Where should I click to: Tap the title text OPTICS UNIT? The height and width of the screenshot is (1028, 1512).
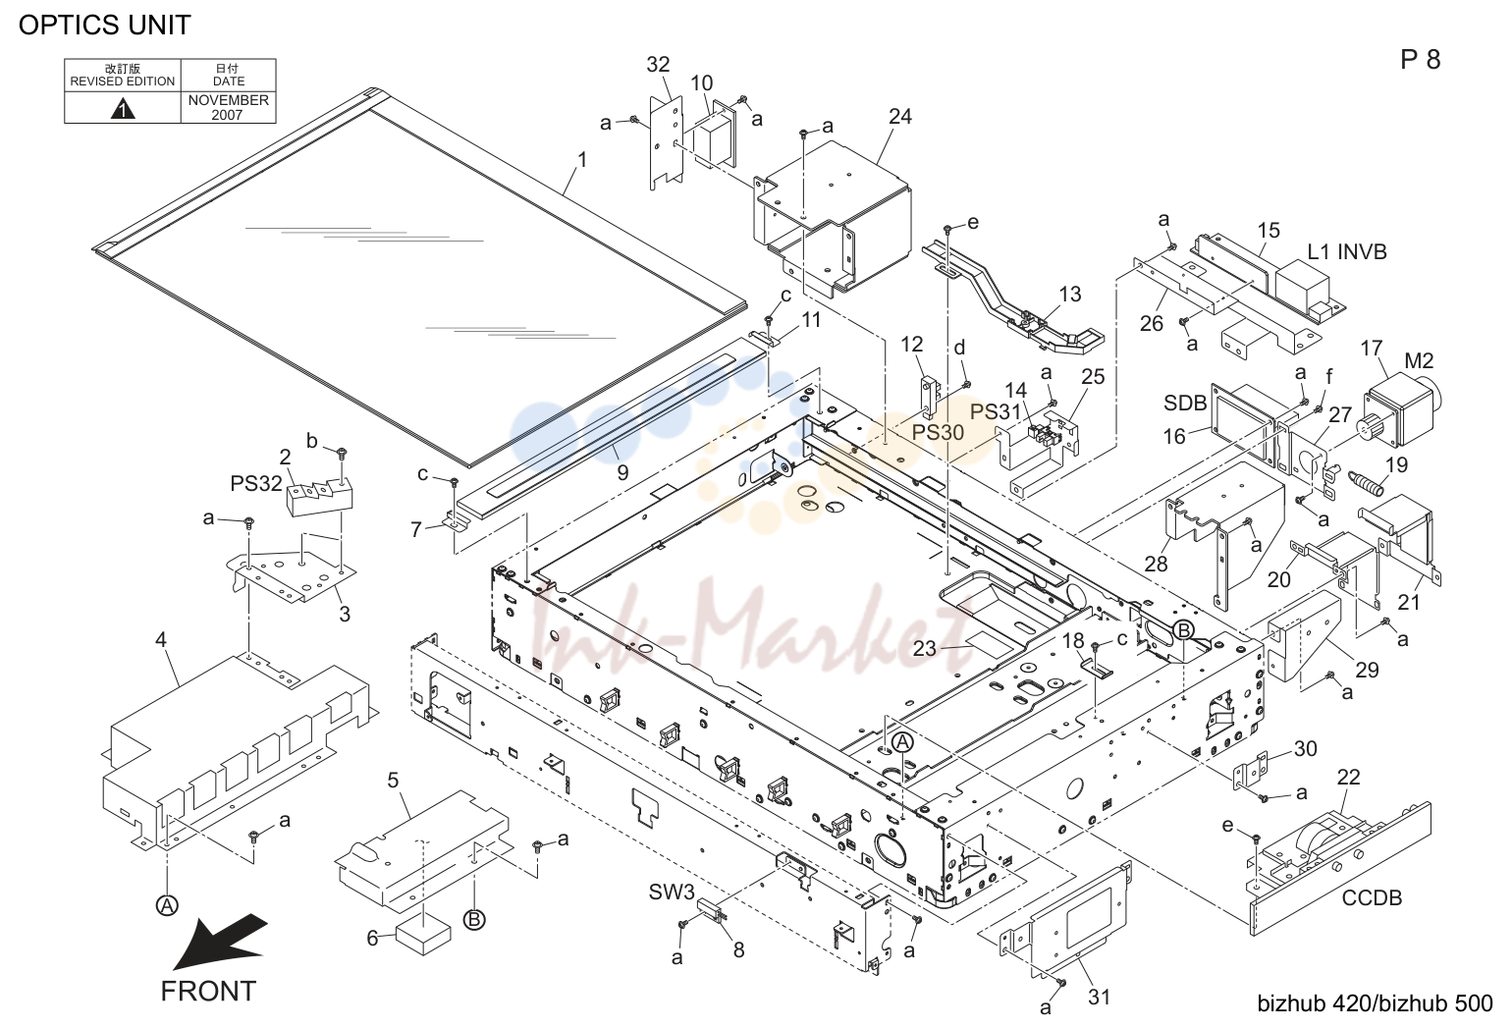105,26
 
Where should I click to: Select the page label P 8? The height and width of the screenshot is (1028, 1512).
1420,60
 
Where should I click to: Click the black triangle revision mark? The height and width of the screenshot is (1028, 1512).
122,109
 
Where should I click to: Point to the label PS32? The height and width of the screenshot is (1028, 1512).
256,483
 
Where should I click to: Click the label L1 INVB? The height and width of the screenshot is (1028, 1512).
1347,251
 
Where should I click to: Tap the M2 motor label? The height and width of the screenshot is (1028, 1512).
1419,361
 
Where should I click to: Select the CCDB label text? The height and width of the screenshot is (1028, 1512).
1372,897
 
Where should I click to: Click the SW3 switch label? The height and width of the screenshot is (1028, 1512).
671,893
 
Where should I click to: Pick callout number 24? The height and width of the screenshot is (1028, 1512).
900,117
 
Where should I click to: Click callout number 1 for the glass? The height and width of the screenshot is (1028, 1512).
582,160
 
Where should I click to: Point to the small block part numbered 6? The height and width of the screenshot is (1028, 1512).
423,938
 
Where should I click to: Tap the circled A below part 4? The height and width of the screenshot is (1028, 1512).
167,905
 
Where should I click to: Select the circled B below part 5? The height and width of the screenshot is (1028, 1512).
474,919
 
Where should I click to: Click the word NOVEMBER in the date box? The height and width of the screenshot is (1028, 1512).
228,100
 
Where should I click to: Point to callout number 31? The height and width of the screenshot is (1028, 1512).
1099,997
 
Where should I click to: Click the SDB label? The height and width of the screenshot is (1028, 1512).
1185,403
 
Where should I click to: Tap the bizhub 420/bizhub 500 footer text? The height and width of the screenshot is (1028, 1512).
1375,1003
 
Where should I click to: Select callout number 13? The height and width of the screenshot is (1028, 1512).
1070,295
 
